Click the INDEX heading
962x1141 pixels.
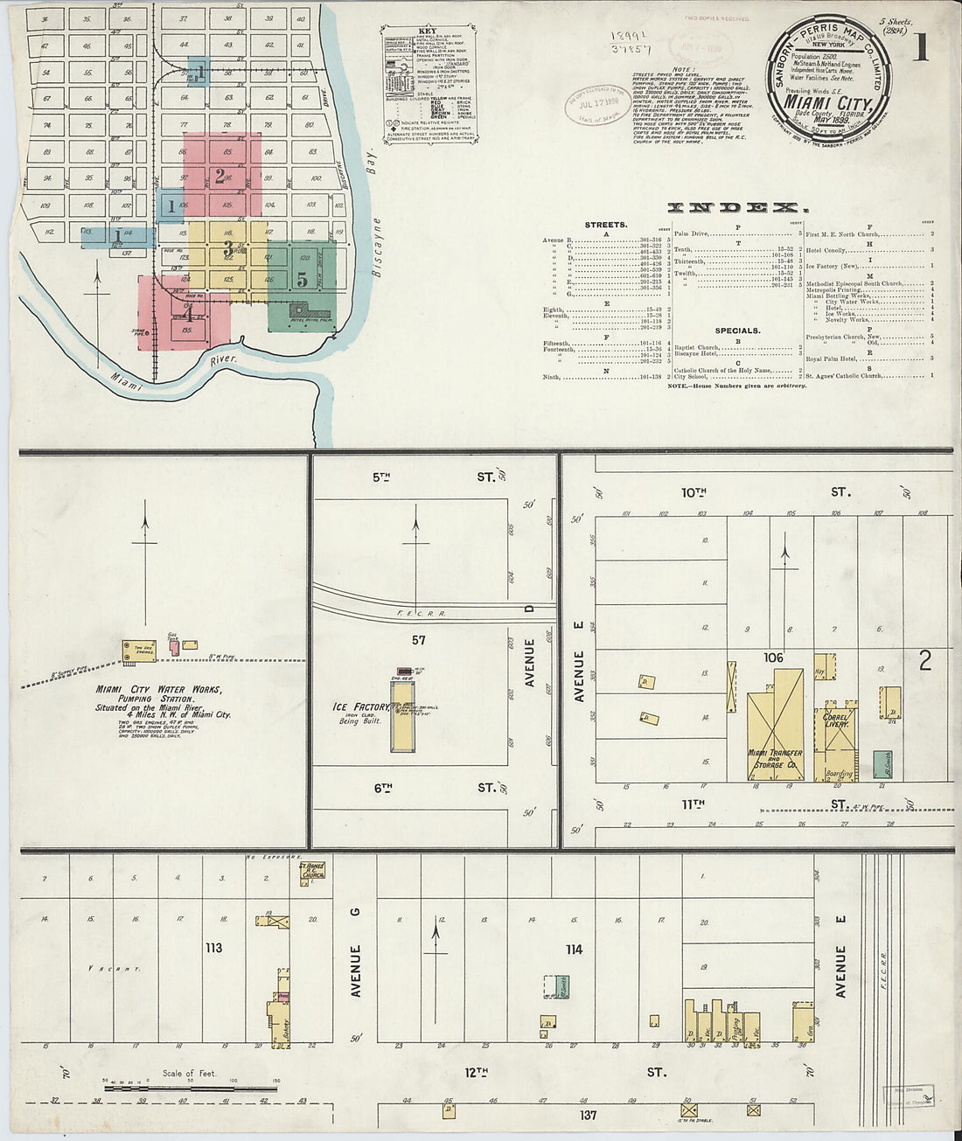pos(733,207)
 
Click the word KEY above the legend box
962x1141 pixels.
pos(427,31)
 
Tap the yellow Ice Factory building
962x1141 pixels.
pos(402,715)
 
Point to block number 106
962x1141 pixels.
pos(773,657)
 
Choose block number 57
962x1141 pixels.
pos(418,641)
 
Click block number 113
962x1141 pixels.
pos(213,948)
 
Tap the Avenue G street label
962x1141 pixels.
pos(356,971)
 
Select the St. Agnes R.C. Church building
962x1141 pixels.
pos(312,870)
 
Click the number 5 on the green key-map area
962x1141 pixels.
pos(302,281)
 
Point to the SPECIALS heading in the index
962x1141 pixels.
pos(737,330)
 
